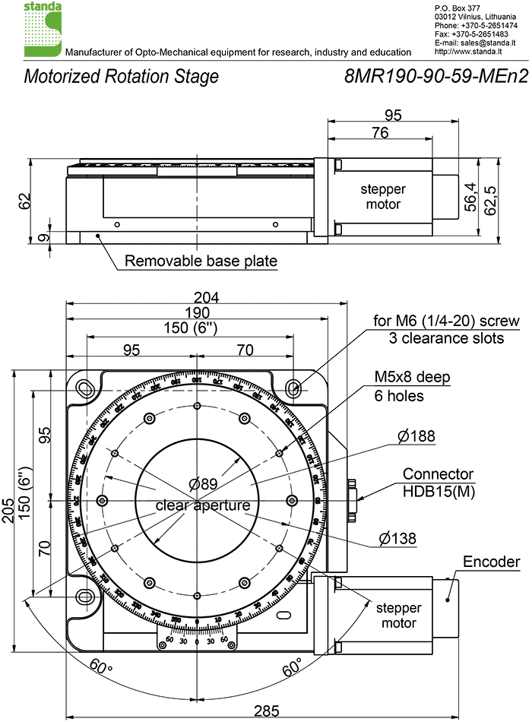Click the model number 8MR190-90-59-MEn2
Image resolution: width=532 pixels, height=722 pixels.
pyautogui.click(x=435, y=77)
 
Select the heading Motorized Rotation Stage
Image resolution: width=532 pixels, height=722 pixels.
pyautogui.click(x=122, y=77)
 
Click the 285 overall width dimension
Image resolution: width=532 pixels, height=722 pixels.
pyautogui.click(x=264, y=711)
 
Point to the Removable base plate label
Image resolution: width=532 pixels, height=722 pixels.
pyautogui.click(x=201, y=261)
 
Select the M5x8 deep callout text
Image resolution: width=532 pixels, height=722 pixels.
pyautogui.click(x=412, y=378)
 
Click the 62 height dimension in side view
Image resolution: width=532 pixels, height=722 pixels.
pyautogui.click(x=26, y=201)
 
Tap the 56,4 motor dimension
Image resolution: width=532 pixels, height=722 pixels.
pyautogui.click(x=471, y=197)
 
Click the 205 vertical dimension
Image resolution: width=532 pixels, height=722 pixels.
pyautogui.click(x=8, y=507)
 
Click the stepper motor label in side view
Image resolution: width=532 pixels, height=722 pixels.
pyautogui.click(x=383, y=197)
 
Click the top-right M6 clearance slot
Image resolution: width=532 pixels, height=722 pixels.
pyautogui.click(x=295, y=388)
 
